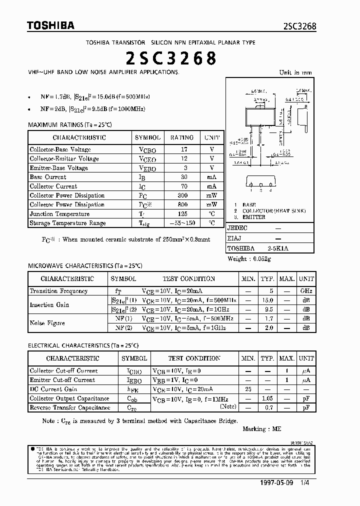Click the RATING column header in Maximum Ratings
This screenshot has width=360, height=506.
point(182,137)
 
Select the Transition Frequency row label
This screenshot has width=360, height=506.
point(58,291)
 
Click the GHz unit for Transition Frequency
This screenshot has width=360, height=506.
point(306,291)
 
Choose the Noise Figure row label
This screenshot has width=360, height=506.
point(47,323)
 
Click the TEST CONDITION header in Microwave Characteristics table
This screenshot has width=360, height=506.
point(188,278)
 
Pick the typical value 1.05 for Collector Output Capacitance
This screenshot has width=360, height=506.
point(267,398)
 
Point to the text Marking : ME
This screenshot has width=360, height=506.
point(262,429)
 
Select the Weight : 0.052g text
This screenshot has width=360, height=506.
point(249,259)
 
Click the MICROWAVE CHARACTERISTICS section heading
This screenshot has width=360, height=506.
point(85,266)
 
